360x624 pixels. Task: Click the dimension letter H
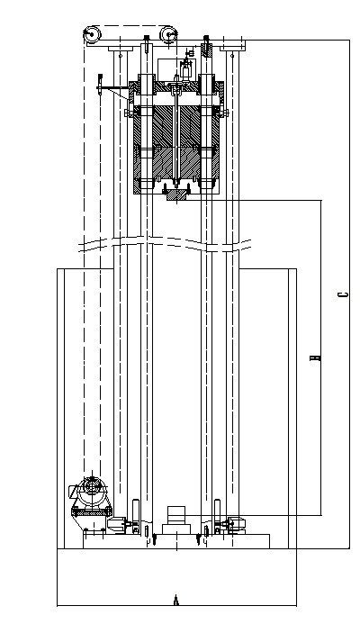315,357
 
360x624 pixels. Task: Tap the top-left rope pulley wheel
92,34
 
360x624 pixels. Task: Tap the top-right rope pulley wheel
168,34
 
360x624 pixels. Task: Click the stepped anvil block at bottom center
175,521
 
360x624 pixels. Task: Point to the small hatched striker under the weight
176,194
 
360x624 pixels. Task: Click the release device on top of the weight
185,68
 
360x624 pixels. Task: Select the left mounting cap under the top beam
120,49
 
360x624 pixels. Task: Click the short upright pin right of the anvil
199,540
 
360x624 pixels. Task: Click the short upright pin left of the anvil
154,540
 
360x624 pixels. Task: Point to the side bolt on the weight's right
223,113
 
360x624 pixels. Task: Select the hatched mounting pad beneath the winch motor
92,513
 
